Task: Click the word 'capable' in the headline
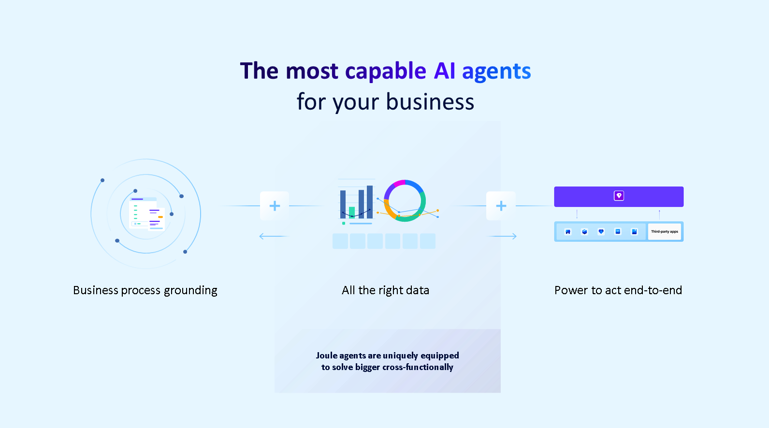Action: pos(386,71)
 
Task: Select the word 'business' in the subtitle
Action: pos(430,101)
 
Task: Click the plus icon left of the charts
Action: pos(275,206)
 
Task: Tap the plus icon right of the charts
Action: pos(501,206)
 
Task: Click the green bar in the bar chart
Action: pos(351,213)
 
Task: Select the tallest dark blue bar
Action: pos(370,202)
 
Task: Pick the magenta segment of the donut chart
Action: pos(399,184)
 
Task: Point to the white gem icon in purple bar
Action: pos(619,196)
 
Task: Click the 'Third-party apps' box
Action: pos(664,232)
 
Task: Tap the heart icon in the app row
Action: pos(601,232)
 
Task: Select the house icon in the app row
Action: pos(568,232)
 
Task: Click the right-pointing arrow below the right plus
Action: pos(502,236)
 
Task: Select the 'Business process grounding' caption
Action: pos(145,290)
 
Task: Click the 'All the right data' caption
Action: pos(385,290)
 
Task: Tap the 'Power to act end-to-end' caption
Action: pos(618,290)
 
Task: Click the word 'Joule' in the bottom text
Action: pos(326,356)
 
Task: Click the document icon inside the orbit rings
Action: pos(147,214)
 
